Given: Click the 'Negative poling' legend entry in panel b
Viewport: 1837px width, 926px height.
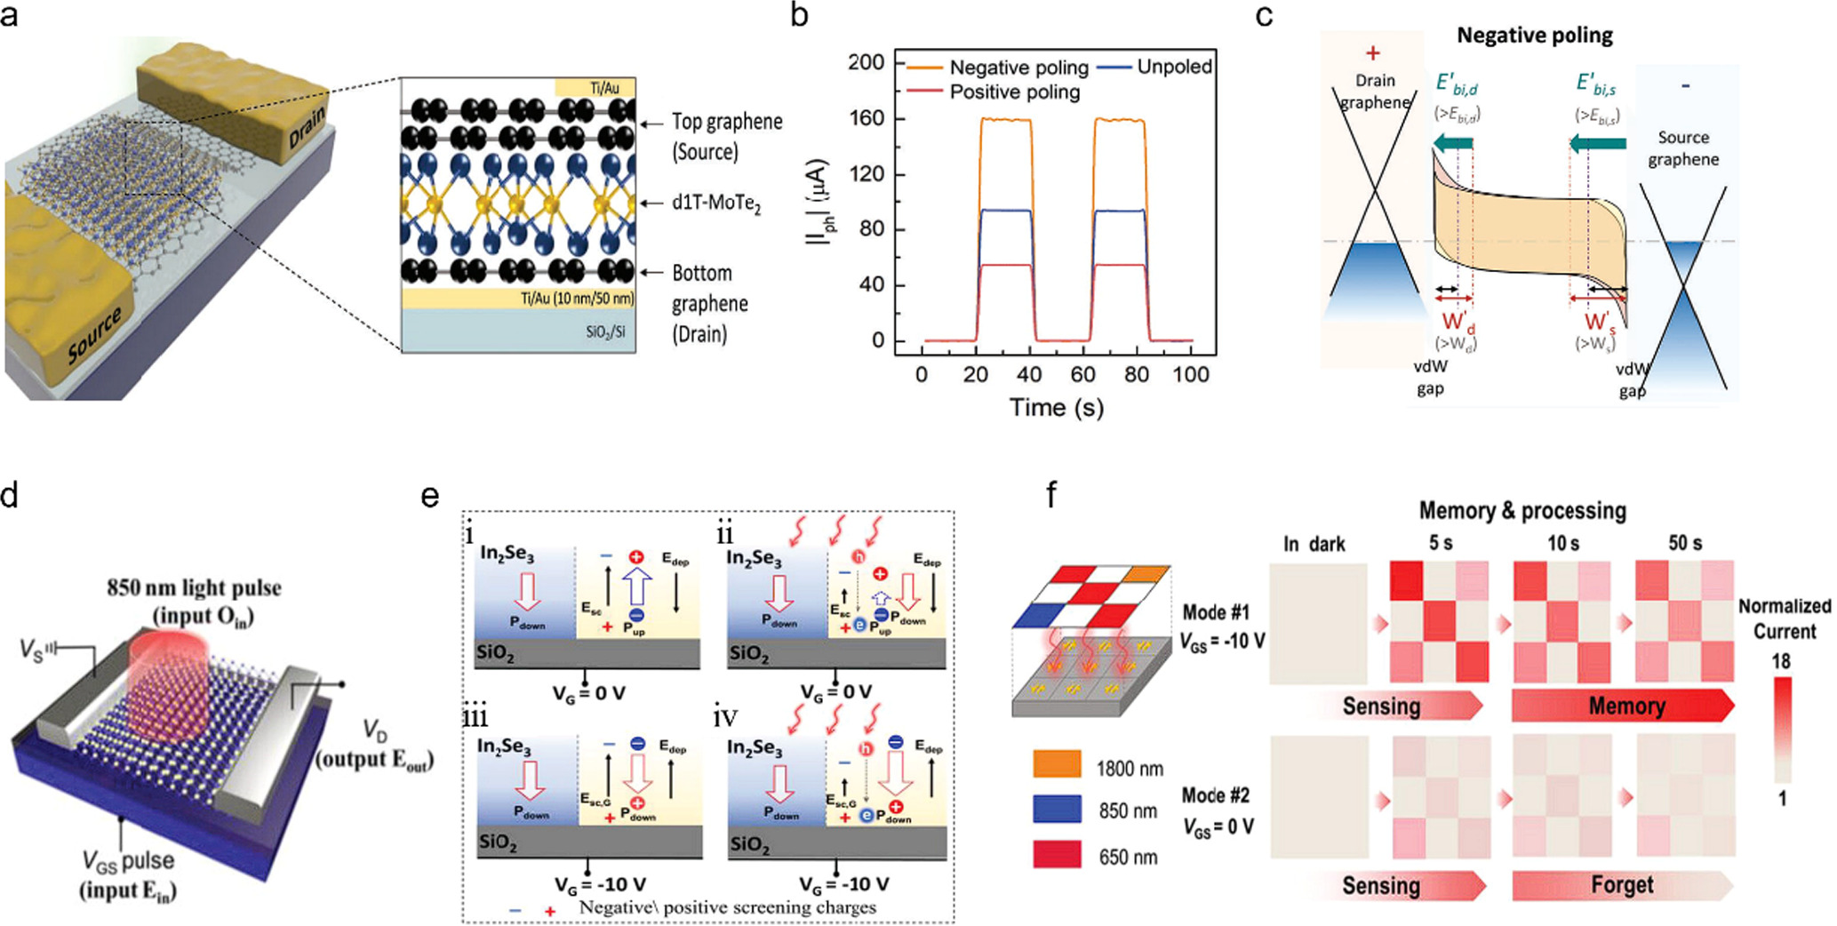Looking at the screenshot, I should (x=1018, y=68).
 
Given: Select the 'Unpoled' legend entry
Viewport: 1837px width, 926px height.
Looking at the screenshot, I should (x=1174, y=67).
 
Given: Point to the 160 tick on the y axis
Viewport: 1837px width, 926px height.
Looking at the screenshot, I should (x=866, y=118).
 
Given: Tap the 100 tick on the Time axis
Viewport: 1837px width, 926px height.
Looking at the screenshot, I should (x=1190, y=374).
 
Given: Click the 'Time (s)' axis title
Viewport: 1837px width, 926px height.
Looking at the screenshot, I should (x=1056, y=407).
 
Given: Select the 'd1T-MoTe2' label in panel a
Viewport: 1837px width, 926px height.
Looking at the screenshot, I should (x=716, y=203).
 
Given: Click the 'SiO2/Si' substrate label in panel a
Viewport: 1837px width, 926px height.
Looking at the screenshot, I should (x=605, y=332).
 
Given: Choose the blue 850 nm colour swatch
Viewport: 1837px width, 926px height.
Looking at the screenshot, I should (x=1057, y=810).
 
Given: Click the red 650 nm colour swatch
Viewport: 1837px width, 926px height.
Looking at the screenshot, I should (x=1057, y=855).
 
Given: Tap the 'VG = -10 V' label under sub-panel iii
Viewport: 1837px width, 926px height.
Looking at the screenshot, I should (x=600, y=884).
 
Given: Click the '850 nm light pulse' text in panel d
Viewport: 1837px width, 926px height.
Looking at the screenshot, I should (x=194, y=588).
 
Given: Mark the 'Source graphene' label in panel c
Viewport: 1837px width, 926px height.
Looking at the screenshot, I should (x=1683, y=148).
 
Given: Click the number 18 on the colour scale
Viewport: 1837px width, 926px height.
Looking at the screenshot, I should (x=1781, y=661).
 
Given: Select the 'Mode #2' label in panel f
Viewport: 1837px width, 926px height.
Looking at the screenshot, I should (x=1215, y=794).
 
